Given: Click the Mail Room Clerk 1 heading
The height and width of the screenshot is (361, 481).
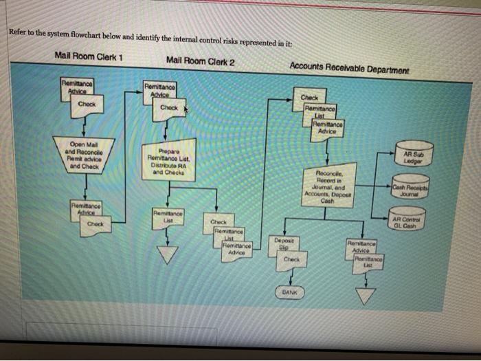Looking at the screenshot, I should (x=88, y=56).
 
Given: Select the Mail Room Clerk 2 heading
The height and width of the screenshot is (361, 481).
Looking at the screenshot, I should (x=200, y=61).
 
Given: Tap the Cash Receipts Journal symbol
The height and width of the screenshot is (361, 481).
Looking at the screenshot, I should (x=411, y=190).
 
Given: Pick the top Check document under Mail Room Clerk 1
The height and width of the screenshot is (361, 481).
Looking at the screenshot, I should (x=87, y=106).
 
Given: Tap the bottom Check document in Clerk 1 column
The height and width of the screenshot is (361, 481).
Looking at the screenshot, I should (x=97, y=224).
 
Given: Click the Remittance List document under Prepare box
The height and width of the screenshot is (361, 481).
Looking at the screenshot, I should (x=168, y=218).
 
